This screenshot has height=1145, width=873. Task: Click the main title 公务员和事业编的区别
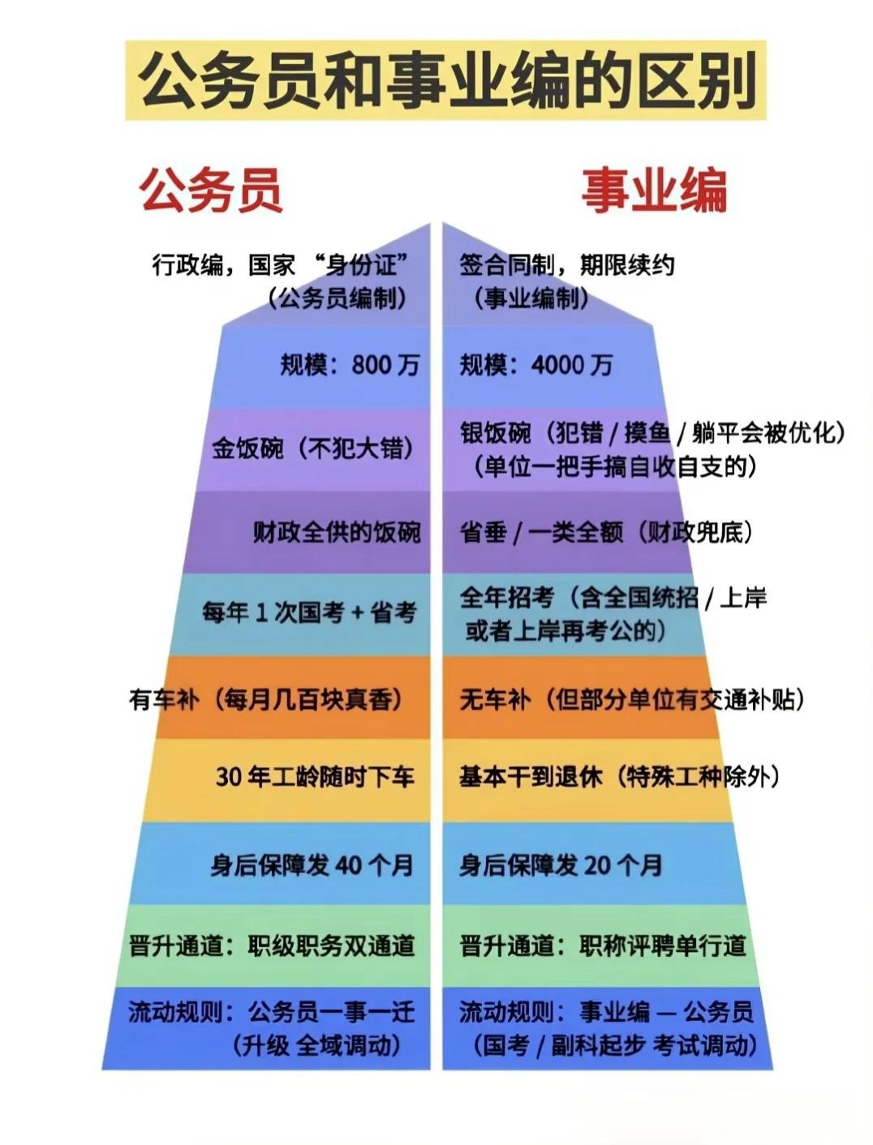click(x=445, y=81)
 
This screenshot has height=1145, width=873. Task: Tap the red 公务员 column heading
click(x=212, y=191)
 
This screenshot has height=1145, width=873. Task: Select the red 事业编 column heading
click(x=653, y=191)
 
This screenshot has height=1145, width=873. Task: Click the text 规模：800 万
click(x=350, y=365)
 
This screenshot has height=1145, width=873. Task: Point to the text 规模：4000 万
click(x=535, y=365)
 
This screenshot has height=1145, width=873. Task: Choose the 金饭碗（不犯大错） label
click(x=314, y=448)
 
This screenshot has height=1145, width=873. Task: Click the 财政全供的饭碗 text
click(x=337, y=532)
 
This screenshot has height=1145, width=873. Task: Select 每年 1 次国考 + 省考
click(x=309, y=612)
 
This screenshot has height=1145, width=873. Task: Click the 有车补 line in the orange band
click(x=266, y=699)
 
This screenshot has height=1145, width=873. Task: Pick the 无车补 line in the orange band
click(x=632, y=699)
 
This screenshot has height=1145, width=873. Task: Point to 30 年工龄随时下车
click(x=315, y=777)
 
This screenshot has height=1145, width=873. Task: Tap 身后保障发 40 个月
click(x=312, y=864)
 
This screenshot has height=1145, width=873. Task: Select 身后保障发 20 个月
click(x=561, y=864)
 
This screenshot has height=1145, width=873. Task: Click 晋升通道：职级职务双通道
click(x=272, y=946)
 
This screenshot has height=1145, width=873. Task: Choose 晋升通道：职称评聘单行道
click(x=603, y=946)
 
